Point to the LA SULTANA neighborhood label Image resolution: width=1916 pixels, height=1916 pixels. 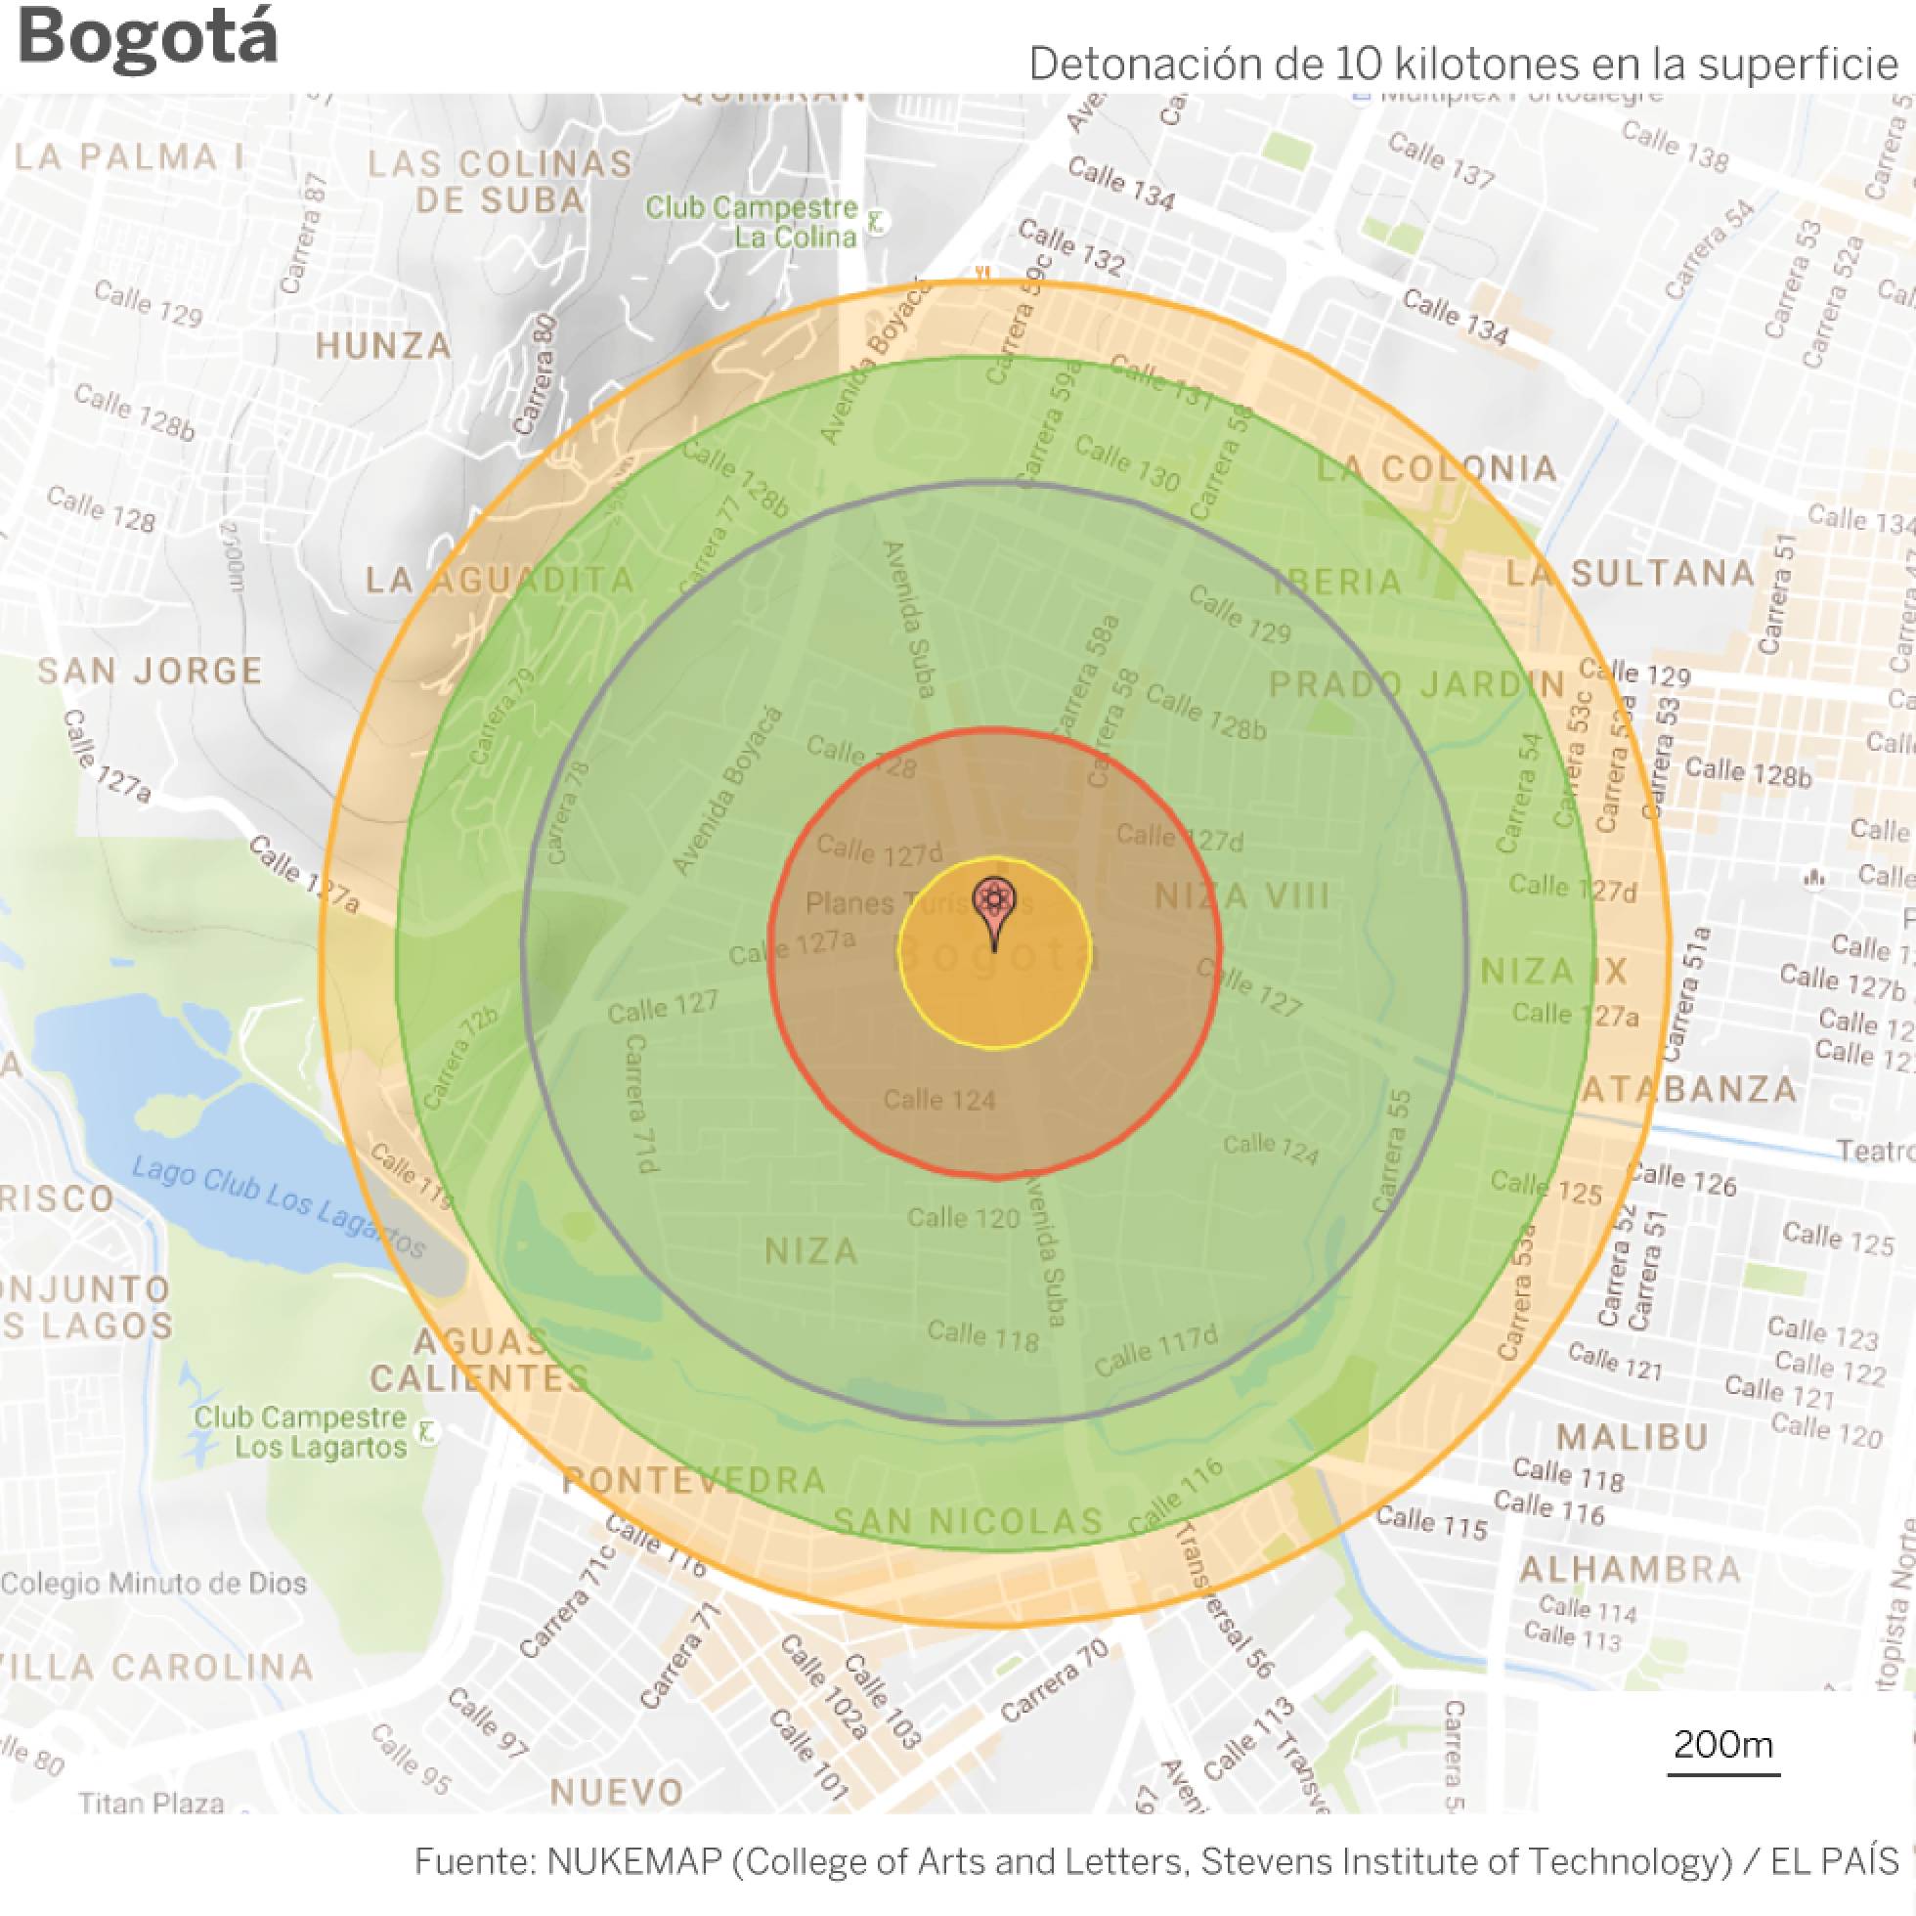pyautogui.click(x=1631, y=573)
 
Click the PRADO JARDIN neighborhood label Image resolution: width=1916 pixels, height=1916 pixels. pyautogui.click(x=1417, y=684)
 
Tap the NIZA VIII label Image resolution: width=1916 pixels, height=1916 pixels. pyautogui.click(x=1242, y=896)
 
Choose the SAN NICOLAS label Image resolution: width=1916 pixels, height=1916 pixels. pyautogui.click(x=968, y=1521)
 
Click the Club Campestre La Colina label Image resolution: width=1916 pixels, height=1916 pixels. pyautogui.click(x=752, y=222)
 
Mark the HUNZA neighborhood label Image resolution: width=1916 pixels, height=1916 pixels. pyautogui.click(x=384, y=346)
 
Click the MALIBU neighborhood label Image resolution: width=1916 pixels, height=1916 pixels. pyautogui.click(x=1633, y=1437)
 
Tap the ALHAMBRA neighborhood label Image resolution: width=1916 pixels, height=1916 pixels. pyautogui.click(x=1631, y=1570)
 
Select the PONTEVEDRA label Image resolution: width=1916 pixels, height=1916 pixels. pyautogui.click(x=694, y=1481)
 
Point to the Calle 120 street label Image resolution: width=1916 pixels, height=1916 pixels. pyautogui.click(x=963, y=1218)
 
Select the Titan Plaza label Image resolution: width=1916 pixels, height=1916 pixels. pyautogui.click(x=152, y=1803)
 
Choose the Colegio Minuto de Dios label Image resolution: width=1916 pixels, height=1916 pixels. pyautogui.click(x=153, y=1583)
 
